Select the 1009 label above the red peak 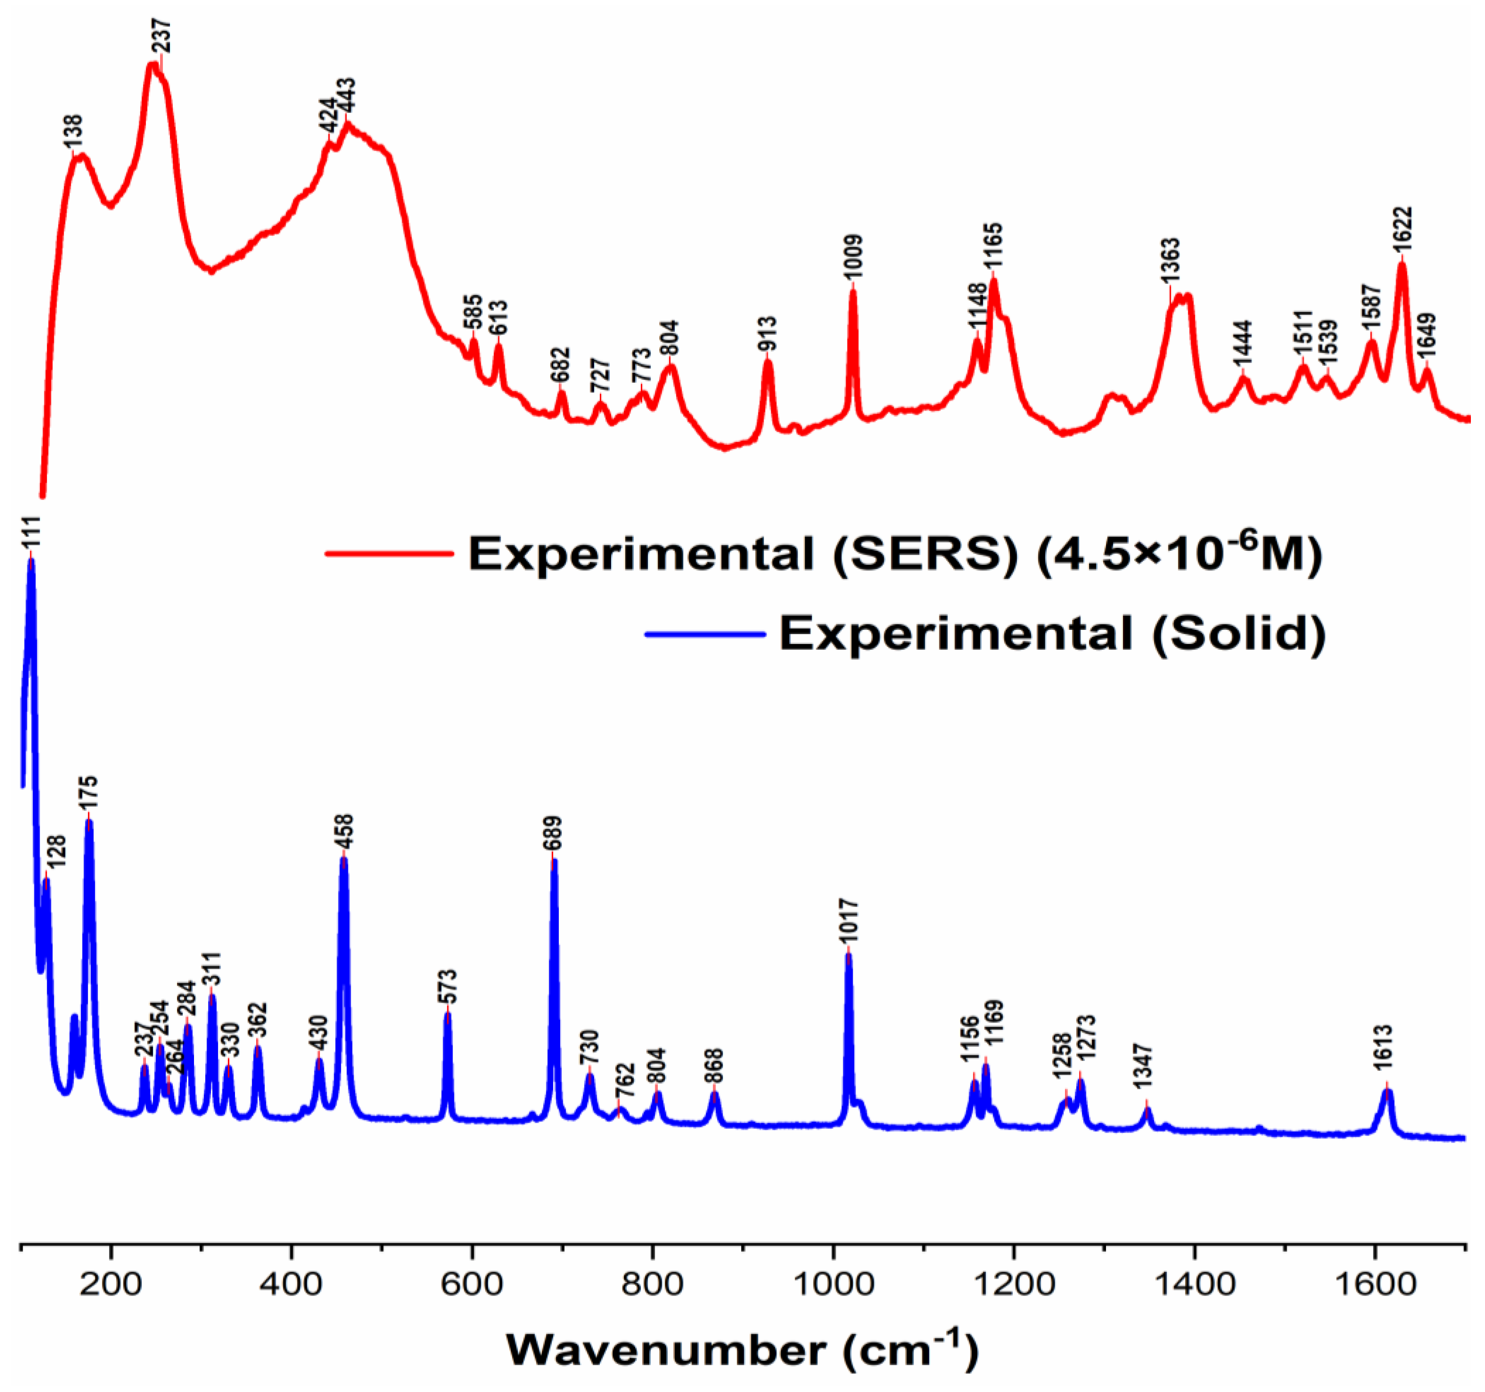[853, 257]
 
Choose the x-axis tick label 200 [111, 1285]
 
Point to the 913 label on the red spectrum [767, 333]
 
